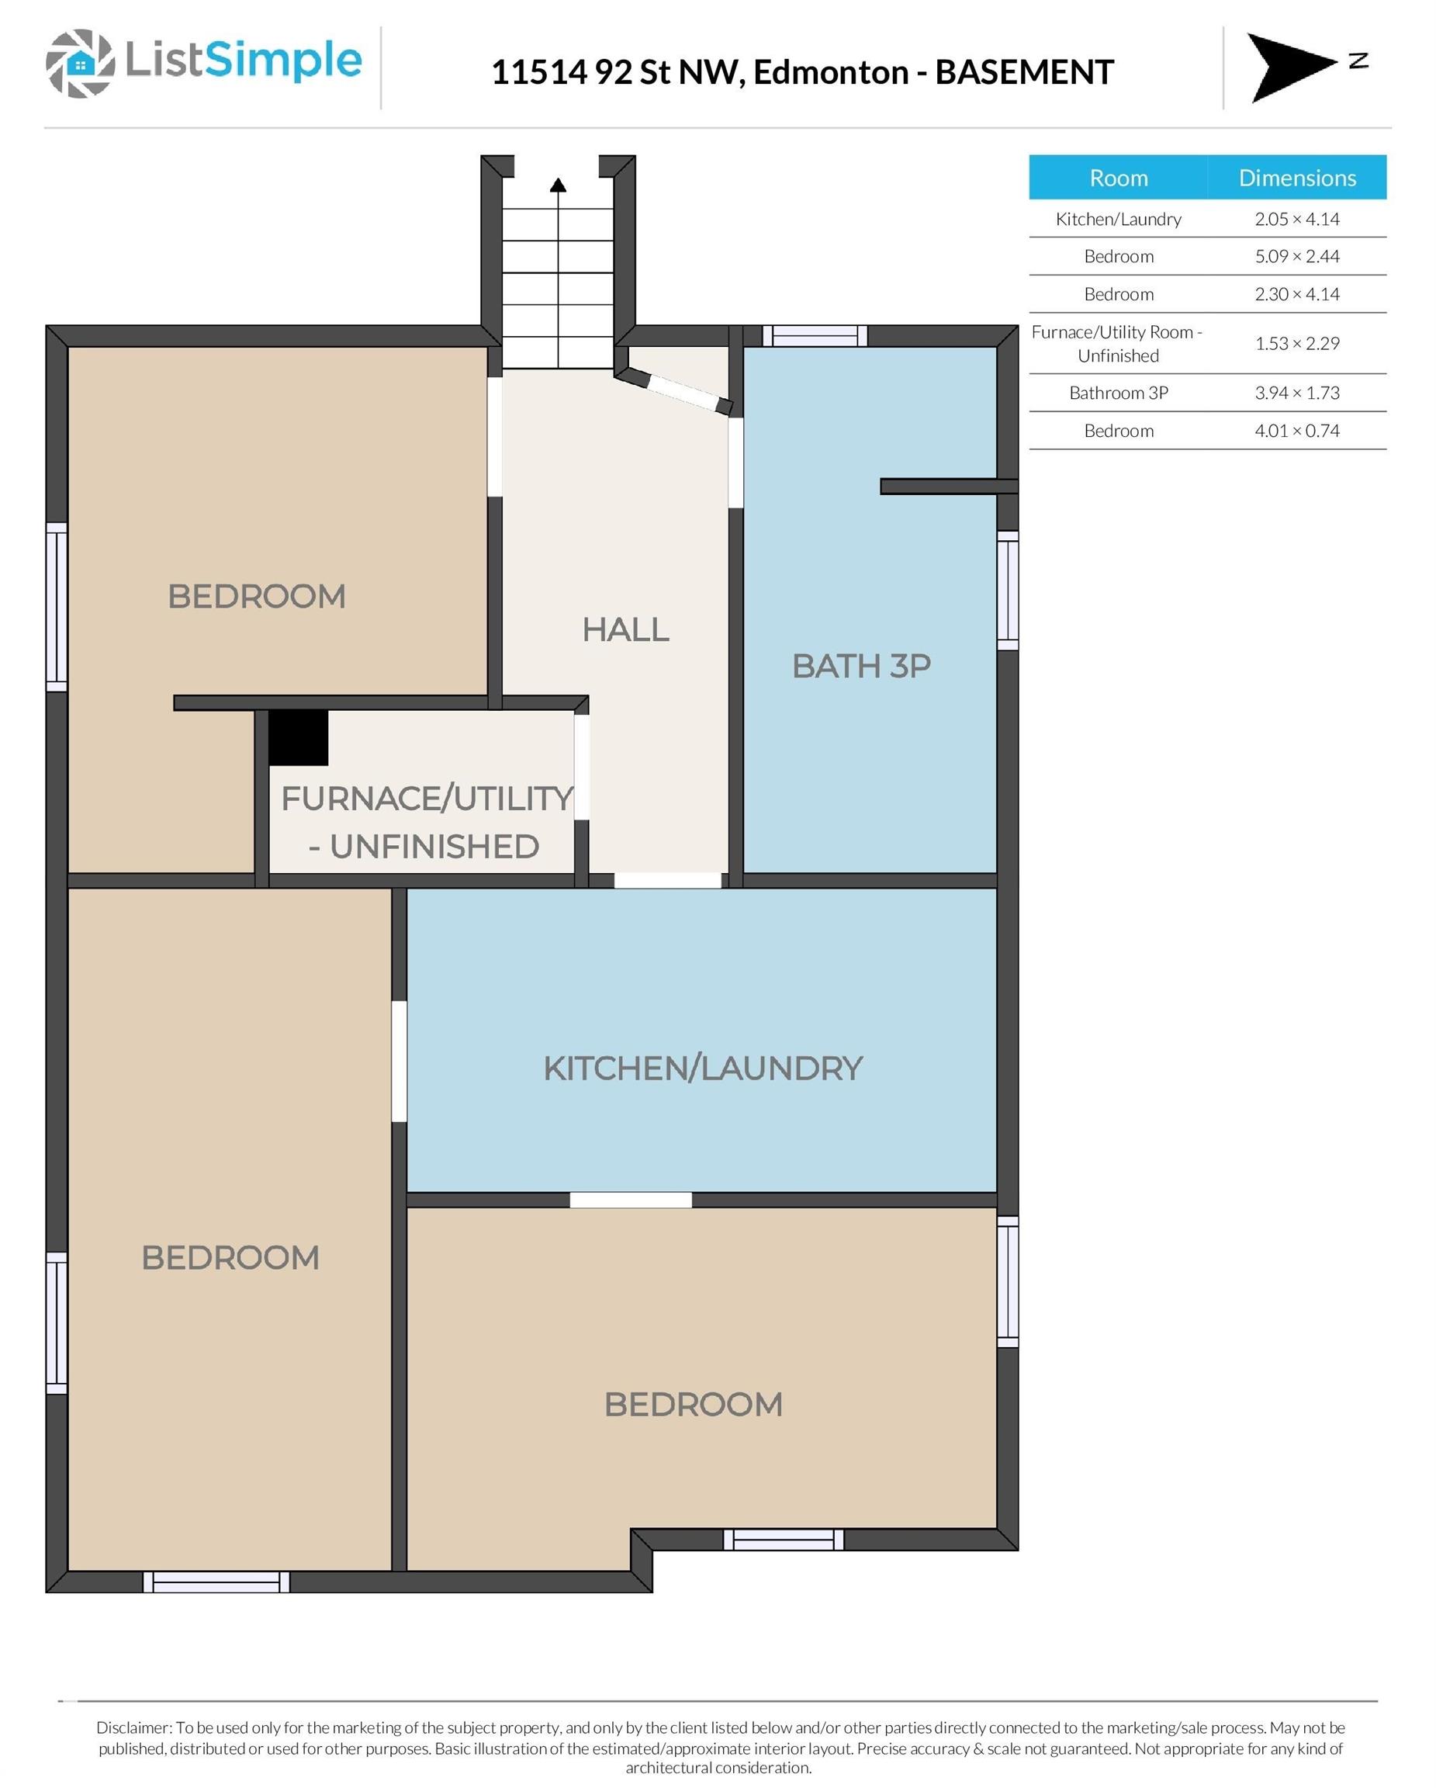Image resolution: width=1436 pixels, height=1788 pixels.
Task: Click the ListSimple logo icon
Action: click(80, 64)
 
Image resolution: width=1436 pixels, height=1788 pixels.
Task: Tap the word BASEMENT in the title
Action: click(1024, 72)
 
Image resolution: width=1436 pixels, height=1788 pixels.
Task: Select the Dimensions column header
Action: click(1296, 178)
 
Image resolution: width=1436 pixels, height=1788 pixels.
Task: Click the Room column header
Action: click(1119, 178)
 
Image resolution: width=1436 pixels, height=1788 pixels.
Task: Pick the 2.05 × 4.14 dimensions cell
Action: click(1296, 219)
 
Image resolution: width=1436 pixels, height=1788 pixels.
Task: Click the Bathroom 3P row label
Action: click(1119, 393)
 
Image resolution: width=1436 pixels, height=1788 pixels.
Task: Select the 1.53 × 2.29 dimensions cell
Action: click(1296, 343)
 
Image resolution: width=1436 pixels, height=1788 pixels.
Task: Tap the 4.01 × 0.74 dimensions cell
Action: click(1296, 431)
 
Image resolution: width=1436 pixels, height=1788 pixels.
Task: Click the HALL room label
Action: click(626, 629)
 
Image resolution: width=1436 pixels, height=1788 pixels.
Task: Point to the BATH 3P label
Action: click(861, 666)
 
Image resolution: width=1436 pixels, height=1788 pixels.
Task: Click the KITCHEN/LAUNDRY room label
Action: click(703, 1068)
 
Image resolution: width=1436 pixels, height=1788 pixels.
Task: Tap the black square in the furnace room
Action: click(299, 737)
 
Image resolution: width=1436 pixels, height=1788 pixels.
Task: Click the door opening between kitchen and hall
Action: click(667, 881)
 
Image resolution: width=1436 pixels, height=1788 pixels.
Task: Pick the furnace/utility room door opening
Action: click(582, 767)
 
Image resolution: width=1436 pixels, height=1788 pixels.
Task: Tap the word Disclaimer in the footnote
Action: click(133, 1727)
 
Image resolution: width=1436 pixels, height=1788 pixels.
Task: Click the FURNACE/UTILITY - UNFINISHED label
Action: click(427, 823)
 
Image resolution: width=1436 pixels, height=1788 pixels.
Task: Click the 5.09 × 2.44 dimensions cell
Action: click(1296, 256)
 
